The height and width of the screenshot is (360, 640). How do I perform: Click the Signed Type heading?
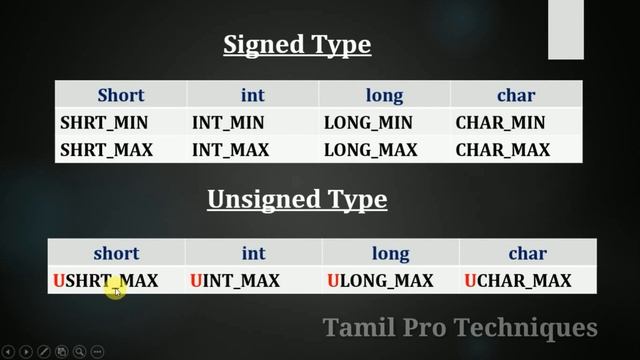point(296,45)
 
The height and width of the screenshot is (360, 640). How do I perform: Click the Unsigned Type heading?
point(296,200)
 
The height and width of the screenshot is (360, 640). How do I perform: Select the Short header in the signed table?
point(120,96)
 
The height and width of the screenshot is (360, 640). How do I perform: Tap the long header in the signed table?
point(384,96)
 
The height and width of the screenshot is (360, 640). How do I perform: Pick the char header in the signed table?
point(516,96)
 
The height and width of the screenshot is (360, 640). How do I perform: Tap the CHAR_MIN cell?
point(500,123)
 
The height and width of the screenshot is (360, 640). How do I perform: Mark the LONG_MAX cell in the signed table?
point(370,150)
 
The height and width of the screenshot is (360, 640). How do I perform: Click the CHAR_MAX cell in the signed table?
point(503,150)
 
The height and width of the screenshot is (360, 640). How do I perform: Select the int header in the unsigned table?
point(252,254)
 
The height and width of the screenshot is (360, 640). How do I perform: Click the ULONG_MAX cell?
point(380,281)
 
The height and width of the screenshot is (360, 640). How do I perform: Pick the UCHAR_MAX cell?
point(518,281)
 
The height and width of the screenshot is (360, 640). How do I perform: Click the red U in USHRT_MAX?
point(58,281)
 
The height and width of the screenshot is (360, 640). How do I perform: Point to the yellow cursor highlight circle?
point(115,290)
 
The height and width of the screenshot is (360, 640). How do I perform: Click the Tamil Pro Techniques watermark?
point(460,327)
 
